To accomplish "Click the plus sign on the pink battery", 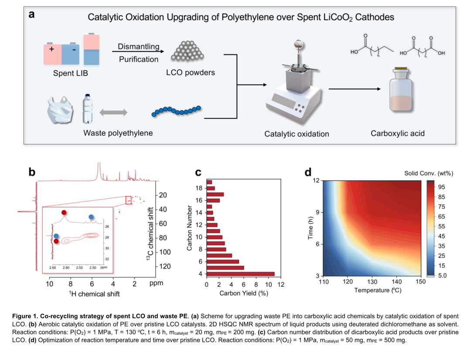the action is (x=51, y=49).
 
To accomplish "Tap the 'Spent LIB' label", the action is (x=71, y=73).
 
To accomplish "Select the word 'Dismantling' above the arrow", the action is (x=139, y=47).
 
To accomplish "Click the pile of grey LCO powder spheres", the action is (x=188, y=51).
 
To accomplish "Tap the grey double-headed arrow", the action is (x=113, y=112).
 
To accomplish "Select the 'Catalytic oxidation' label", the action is (x=297, y=134).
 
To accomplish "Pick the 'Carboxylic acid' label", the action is (x=397, y=133).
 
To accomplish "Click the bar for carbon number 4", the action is (x=241, y=274).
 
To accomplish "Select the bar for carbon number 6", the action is (x=223, y=262).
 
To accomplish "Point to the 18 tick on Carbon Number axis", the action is (x=199, y=188).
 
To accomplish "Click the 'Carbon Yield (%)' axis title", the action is (x=244, y=293).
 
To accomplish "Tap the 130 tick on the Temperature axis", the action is (x=372, y=282).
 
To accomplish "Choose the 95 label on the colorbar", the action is (x=441, y=187).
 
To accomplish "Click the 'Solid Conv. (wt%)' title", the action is (x=429, y=173).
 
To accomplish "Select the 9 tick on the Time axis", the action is (x=317, y=212).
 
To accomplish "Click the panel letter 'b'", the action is (x=32, y=172).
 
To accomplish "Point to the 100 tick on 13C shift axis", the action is (x=165, y=252).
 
